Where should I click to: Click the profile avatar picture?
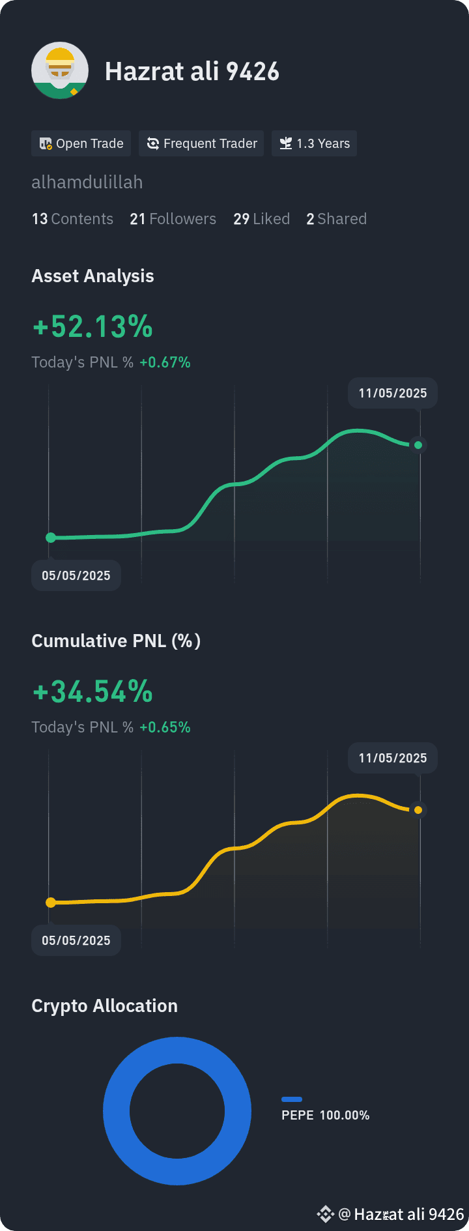60,70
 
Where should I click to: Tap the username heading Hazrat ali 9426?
192,72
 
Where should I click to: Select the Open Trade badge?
81,143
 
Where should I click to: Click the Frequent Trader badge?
201,143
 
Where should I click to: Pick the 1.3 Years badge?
314,143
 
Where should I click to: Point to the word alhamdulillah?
87,182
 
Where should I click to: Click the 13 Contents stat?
72,219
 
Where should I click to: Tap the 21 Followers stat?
173,219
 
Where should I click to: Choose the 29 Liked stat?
261,219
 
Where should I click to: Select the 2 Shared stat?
336,219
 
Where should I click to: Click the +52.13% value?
92,326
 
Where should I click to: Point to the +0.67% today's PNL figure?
165,362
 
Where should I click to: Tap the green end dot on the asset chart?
418,445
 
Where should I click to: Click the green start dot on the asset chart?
51,538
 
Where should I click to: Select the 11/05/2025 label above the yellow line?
393,758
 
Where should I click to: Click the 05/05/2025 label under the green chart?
76,575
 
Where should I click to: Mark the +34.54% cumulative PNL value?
92,691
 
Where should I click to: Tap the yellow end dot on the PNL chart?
418,810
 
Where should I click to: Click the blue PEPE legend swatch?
292,1099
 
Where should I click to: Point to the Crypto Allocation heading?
104,1006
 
